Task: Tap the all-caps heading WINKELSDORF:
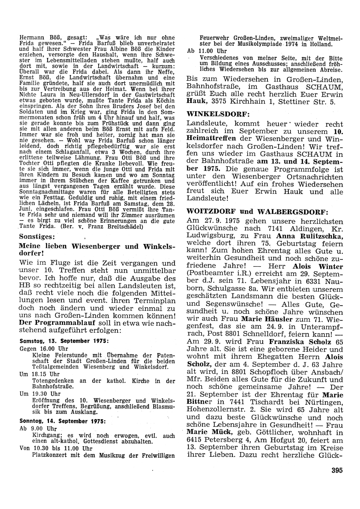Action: coord(219,114)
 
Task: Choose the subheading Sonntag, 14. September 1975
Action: coord(64,421)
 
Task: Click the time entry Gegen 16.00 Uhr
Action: coord(44,348)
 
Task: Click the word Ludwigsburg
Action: coord(209,236)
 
